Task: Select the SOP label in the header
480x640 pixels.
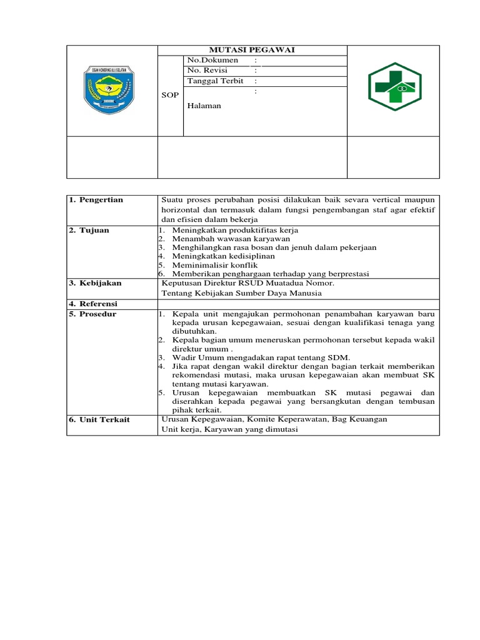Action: click(x=170, y=95)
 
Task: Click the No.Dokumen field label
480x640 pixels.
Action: click(x=212, y=60)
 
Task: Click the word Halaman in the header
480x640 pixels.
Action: click(x=204, y=106)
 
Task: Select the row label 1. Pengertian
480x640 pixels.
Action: click(x=96, y=200)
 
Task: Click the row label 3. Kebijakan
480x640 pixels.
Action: click(x=95, y=283)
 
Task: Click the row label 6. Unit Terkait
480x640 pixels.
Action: click(x=99, y=419)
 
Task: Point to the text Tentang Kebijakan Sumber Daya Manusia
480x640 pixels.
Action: click(x=242, y=292)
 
